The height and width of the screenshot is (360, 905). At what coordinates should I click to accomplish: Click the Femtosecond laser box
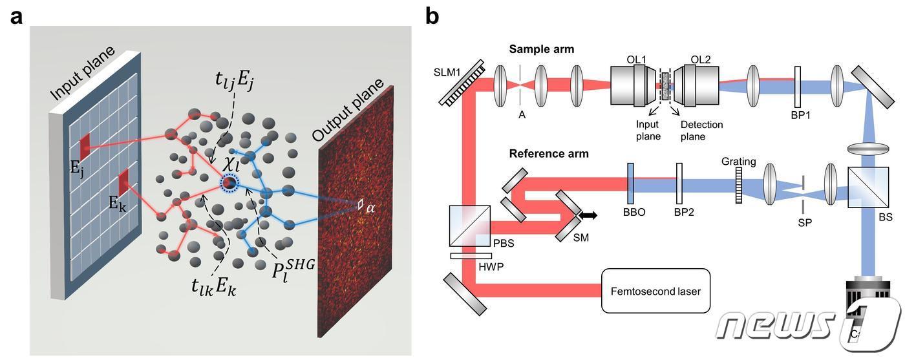(655, 291)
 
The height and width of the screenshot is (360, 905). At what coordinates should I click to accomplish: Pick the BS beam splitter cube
(867, 189)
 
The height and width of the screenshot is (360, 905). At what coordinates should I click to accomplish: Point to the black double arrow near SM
(588, 214)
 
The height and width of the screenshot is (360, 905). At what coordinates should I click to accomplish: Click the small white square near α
(360, 204)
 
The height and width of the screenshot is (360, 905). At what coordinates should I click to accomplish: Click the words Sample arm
(541, 49)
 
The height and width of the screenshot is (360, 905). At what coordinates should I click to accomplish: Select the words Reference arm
(549, 154)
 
